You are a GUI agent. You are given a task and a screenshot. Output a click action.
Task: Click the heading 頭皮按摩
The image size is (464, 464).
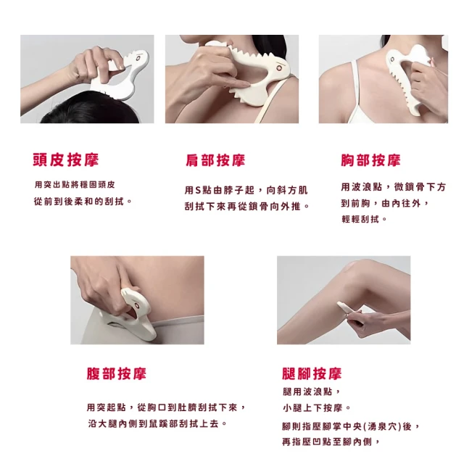click(x=66, y=160)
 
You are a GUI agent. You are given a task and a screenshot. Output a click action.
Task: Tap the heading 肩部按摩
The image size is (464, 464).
click(x=215, y=160)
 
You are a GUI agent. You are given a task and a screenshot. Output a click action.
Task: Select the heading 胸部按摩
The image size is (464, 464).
click(x=370, y=160)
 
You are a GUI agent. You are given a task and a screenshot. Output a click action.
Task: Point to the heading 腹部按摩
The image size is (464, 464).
click(x=117, y=373)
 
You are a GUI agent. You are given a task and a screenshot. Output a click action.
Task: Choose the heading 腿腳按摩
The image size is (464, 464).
click(x=312, y=373)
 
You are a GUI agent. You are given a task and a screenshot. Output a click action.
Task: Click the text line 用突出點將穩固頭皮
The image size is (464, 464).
click(x=75, y=185)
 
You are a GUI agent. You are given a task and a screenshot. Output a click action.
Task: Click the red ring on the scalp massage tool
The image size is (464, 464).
click(x=138, y=59)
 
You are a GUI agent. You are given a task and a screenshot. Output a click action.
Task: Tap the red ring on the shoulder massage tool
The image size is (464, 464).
click(x=278, y=68)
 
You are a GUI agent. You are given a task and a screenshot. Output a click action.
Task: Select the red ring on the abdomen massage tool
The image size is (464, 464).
click(x=137, y=306)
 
